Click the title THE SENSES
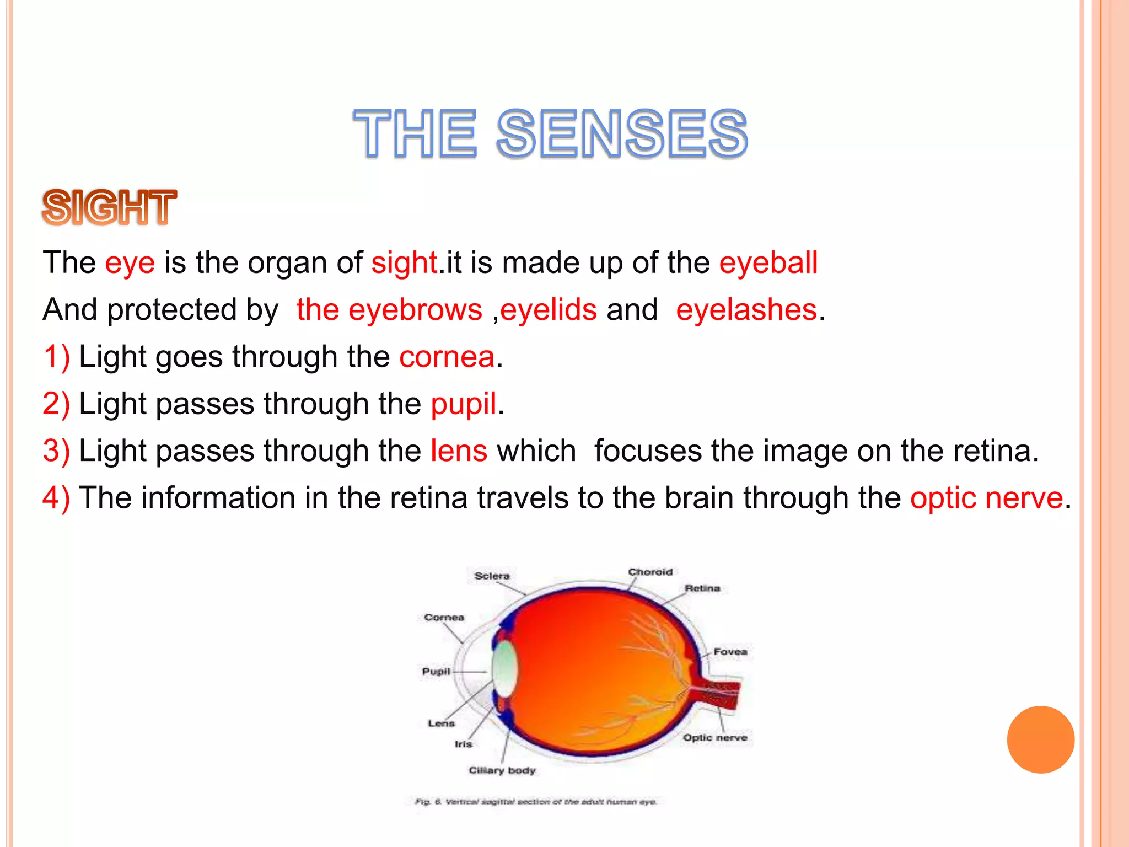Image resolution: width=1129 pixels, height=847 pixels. [550, 134]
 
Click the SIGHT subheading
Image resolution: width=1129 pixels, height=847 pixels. [109, 208]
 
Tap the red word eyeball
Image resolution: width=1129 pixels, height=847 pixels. [768, 263]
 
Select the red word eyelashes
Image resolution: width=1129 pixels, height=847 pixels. [746, 310]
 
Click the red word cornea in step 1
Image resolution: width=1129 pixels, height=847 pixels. [447, 357]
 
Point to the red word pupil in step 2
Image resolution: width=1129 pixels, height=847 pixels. [464, 404]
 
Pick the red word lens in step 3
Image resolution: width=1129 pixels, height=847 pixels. [459, 451]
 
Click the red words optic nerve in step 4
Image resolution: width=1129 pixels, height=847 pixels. [986, 498]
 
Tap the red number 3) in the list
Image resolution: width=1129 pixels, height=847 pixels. [56, 451]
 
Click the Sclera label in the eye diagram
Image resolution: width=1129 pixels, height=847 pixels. [492, 576]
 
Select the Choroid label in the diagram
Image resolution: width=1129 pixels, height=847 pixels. [650, 572]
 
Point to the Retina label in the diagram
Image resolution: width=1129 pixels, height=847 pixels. [702, 588]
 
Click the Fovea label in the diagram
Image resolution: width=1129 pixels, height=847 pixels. [730, 652]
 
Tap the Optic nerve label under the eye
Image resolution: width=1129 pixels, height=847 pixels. [715, 738]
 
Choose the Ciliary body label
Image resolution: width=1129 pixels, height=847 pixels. [502, 770]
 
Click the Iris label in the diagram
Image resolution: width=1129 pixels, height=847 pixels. [463, 744]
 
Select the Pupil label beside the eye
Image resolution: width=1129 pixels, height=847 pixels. [436, 671]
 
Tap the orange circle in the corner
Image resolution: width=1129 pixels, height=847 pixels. [1040, 739]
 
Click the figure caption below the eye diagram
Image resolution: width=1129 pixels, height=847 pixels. [536, 801]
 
